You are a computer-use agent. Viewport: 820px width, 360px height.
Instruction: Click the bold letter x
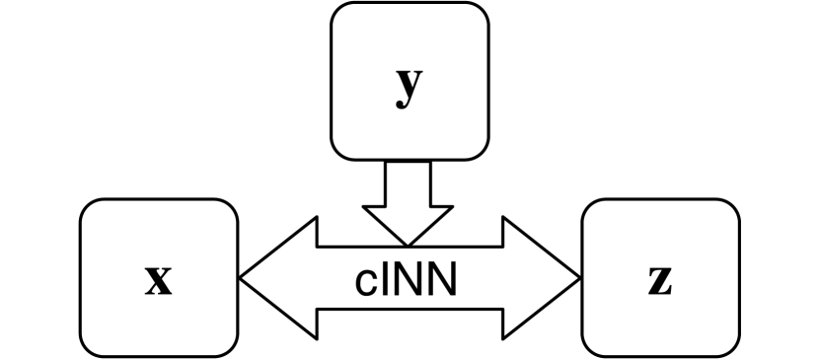[158, 281]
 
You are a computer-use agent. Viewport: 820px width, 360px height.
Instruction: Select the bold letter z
[660, 281]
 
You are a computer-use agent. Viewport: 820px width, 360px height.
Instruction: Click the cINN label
[409, 280]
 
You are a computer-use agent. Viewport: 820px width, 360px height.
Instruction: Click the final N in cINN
[441, 280]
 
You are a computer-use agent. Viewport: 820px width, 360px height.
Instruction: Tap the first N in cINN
[408, 280]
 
